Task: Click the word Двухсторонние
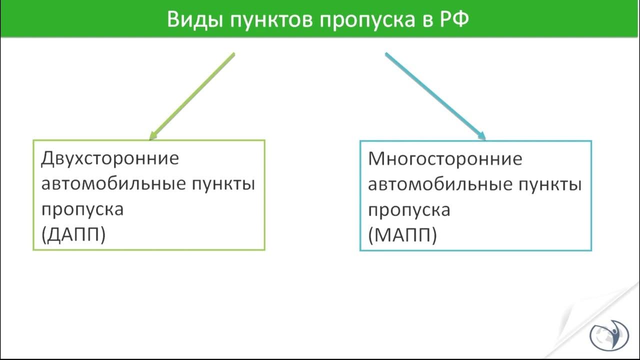pos(109,159)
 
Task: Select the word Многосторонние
pos(445,159)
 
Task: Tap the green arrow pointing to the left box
pos(192,95)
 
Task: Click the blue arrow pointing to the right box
pos(435,95)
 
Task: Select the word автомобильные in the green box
pos(113,184)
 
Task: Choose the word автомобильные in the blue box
pos(441,184)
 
